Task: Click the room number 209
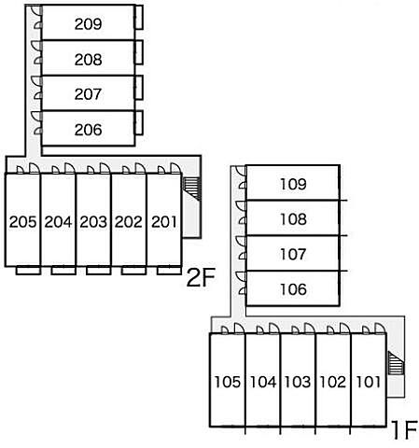[88, 24]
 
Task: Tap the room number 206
[88, 130]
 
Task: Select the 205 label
[22, 222]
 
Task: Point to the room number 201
[164, 222]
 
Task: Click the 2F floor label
[201, 278]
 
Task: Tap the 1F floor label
[404, 429]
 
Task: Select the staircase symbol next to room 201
[191, 189]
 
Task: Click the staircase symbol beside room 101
[396, 363]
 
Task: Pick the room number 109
[293, 184]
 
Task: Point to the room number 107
[293, 254]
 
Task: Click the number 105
[228, 382]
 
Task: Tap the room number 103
[298, 382]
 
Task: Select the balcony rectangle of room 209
[139, 18]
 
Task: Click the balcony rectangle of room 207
[139, 88]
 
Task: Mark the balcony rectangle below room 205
[28, 271]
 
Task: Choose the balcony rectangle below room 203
[99, 271]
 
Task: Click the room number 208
[88, 60]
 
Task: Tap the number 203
[93, 222]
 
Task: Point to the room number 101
[368, 382]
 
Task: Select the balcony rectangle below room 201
[169, 271]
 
